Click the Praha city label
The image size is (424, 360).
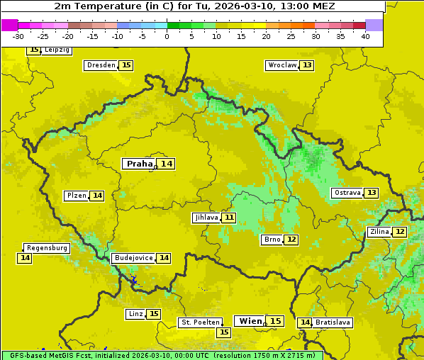[139, 164]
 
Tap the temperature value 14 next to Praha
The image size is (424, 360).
[167, 164]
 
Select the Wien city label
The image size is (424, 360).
[250, 321]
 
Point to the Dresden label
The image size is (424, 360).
[101, 65]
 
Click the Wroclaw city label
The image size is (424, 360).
[281, 65]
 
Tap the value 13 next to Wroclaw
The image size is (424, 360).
[307, 65]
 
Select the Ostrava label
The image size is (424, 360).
[347, 193]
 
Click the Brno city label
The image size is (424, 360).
[272, 240]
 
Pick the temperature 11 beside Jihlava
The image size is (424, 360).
[229, 218]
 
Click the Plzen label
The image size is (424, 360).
[76, 196]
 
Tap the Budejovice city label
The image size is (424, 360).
[133, 258]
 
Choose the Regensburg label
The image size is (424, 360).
[47, 248]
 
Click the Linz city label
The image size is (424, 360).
[135, 314]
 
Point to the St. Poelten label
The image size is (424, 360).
[200, 322]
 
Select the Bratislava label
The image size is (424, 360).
[333, 322]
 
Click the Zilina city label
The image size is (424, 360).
[379, 232]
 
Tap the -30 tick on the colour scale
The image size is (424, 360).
[18, 36]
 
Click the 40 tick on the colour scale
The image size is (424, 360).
[365, 36]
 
